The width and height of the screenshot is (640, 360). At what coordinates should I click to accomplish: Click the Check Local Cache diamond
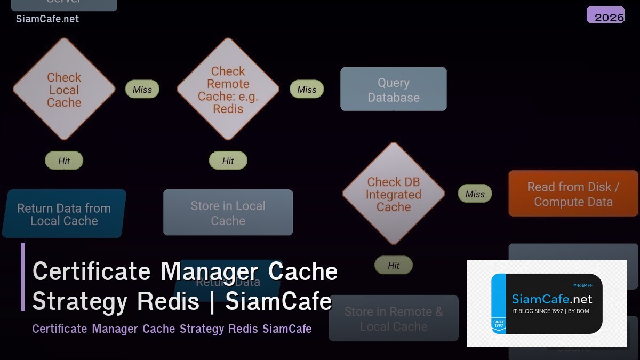64,90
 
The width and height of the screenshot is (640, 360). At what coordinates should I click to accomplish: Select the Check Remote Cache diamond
228,90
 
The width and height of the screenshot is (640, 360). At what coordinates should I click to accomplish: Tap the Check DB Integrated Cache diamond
394,194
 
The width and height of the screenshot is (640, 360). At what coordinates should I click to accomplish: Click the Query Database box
394,90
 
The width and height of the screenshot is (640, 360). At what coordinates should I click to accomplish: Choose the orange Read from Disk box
573,194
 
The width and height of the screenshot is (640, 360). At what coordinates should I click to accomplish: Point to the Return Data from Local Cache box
64,214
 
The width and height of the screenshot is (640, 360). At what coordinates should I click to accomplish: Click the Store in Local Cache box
228,212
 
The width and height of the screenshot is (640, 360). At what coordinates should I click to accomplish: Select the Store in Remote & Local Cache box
394,318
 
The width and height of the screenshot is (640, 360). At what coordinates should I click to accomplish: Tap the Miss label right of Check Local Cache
142,90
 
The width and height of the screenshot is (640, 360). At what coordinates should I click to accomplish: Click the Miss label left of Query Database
307,90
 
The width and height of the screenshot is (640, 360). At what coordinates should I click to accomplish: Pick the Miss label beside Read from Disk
475,194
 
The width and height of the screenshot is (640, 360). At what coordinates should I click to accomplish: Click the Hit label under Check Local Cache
64,161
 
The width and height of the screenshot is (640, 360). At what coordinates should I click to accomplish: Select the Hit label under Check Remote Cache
228,161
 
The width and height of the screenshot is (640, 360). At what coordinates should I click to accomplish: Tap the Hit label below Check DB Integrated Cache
394,265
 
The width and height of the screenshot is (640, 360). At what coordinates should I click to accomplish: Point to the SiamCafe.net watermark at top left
47,19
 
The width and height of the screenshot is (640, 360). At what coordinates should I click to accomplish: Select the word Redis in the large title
168,301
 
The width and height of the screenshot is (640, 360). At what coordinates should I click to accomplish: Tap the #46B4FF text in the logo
582,285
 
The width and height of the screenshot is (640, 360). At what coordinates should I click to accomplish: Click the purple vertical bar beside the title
23,277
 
